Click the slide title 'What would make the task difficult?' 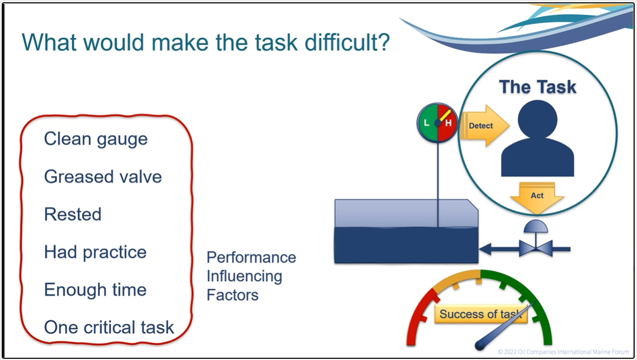pos(206,43)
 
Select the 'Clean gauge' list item pos(96,139)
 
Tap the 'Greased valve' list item pos(103,177)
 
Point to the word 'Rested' pos(73,214)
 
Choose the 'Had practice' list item pos(95,252)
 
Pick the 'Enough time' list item pos(95,290)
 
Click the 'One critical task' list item pos(109,328)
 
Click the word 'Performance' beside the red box pos(252,257)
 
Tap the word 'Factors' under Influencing pos(232,295)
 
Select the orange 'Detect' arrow pos(485,125)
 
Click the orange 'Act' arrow pos(537,198)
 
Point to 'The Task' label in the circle pos(537,87)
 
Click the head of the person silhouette pos(537,120)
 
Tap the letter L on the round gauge pos(426,122)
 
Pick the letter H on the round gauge pos(448,122)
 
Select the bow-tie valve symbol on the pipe pos(536,248)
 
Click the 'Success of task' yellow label pos(481,314)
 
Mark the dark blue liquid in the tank pos(406,245)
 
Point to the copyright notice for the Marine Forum pos(563,352)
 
